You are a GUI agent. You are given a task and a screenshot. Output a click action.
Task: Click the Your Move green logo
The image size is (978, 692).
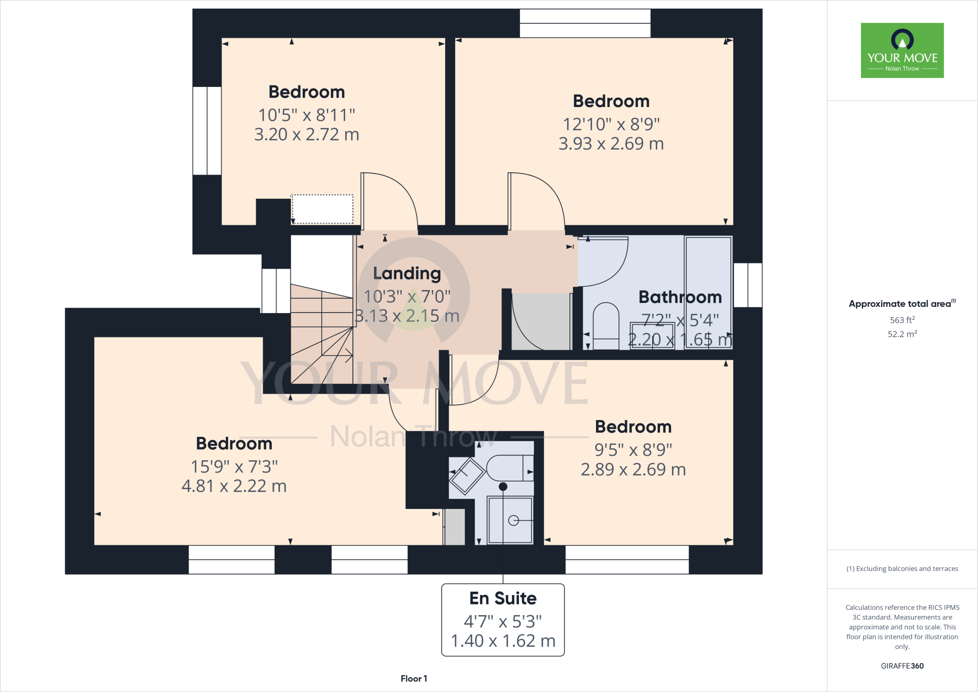point(902,50)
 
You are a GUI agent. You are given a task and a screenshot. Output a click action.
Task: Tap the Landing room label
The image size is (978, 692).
point(407,273)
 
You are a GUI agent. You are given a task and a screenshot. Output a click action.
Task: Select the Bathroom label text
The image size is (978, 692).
point(680,297)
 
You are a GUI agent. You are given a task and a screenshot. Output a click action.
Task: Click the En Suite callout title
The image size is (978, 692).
point(503,598)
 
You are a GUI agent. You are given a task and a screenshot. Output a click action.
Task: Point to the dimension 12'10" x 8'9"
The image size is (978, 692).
point(611,124)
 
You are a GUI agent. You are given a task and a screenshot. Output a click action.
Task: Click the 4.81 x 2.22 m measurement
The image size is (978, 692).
point(234,486)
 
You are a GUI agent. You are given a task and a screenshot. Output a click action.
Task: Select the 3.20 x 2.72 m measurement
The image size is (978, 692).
point(307,134)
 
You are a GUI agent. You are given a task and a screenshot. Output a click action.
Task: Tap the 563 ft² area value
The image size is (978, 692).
point(902,320)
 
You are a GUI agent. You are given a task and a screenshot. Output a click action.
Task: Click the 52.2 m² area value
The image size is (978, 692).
point(902,334)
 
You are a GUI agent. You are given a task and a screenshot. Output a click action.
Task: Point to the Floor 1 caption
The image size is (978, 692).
point(414,679)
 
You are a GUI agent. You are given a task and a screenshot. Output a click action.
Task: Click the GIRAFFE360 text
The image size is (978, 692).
point(902,666)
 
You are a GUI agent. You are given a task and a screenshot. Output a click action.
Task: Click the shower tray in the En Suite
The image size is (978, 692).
point(510,520)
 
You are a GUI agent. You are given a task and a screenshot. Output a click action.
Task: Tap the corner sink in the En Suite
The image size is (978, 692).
point(467,476)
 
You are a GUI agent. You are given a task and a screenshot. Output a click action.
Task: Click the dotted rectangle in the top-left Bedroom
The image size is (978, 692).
point(322,209)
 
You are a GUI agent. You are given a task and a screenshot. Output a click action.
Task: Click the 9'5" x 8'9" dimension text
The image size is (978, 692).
point(633,450)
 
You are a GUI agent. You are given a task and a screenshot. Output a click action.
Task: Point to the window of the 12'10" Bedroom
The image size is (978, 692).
point(585,23)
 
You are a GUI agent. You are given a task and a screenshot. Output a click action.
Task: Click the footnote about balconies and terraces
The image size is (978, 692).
point(902,569)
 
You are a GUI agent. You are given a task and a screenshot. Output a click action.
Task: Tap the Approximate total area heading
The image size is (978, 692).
point(900,304)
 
